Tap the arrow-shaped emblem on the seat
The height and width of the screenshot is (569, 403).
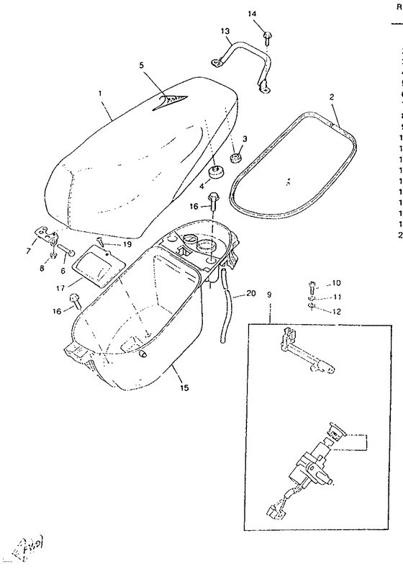(172, 101)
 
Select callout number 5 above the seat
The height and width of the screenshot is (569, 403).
(142, 65)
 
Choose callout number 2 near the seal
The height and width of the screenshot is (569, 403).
(332, 96)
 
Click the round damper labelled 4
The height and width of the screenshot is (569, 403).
(214, 173)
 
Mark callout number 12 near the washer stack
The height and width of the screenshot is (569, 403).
(336, 311)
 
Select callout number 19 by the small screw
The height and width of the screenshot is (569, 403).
(127, 245)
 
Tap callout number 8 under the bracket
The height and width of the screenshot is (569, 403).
(41, 268)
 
